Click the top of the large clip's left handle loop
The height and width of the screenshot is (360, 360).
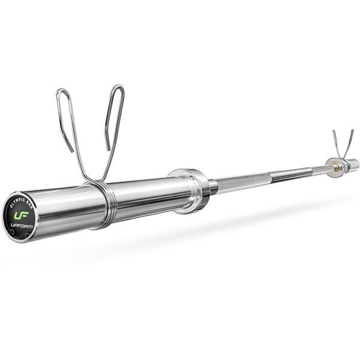[61, 91]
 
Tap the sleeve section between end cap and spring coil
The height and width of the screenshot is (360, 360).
[63, 207]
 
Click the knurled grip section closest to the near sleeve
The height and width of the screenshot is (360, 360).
[237, 182]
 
